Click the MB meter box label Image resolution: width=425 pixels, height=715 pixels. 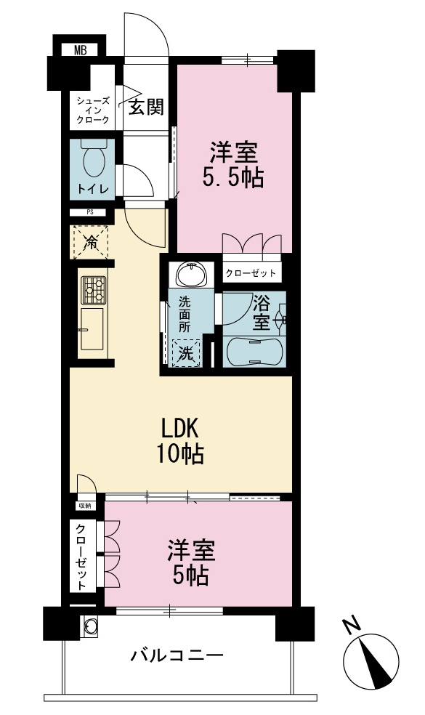(x=80, y=50)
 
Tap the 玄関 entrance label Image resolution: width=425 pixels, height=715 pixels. (x=146, y=107)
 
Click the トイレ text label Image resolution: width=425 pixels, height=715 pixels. (x=93, y=189)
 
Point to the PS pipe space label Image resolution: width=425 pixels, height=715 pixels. (x=88, y=212)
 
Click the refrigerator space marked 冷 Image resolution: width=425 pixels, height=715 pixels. (x=91, y=242)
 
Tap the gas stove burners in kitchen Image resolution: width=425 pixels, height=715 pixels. (x=94, y=290)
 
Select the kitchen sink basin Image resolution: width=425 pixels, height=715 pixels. (x=92, y=328)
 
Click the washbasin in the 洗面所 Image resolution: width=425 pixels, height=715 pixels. (x=192, y=274)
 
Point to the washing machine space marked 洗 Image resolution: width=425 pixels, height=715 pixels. (x=185, y=353)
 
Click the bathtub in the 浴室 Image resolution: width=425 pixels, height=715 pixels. (x=254, y=351)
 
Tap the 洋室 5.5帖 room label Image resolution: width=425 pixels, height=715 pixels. (x=234, y=165)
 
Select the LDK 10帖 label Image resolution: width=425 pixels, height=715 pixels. (x=180, y=441)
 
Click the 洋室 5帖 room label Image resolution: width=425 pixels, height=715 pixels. (x=190, y=562)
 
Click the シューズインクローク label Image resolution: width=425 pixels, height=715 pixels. (x=92, y=110)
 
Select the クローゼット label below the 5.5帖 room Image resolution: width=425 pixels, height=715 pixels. (x=251, y=273)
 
